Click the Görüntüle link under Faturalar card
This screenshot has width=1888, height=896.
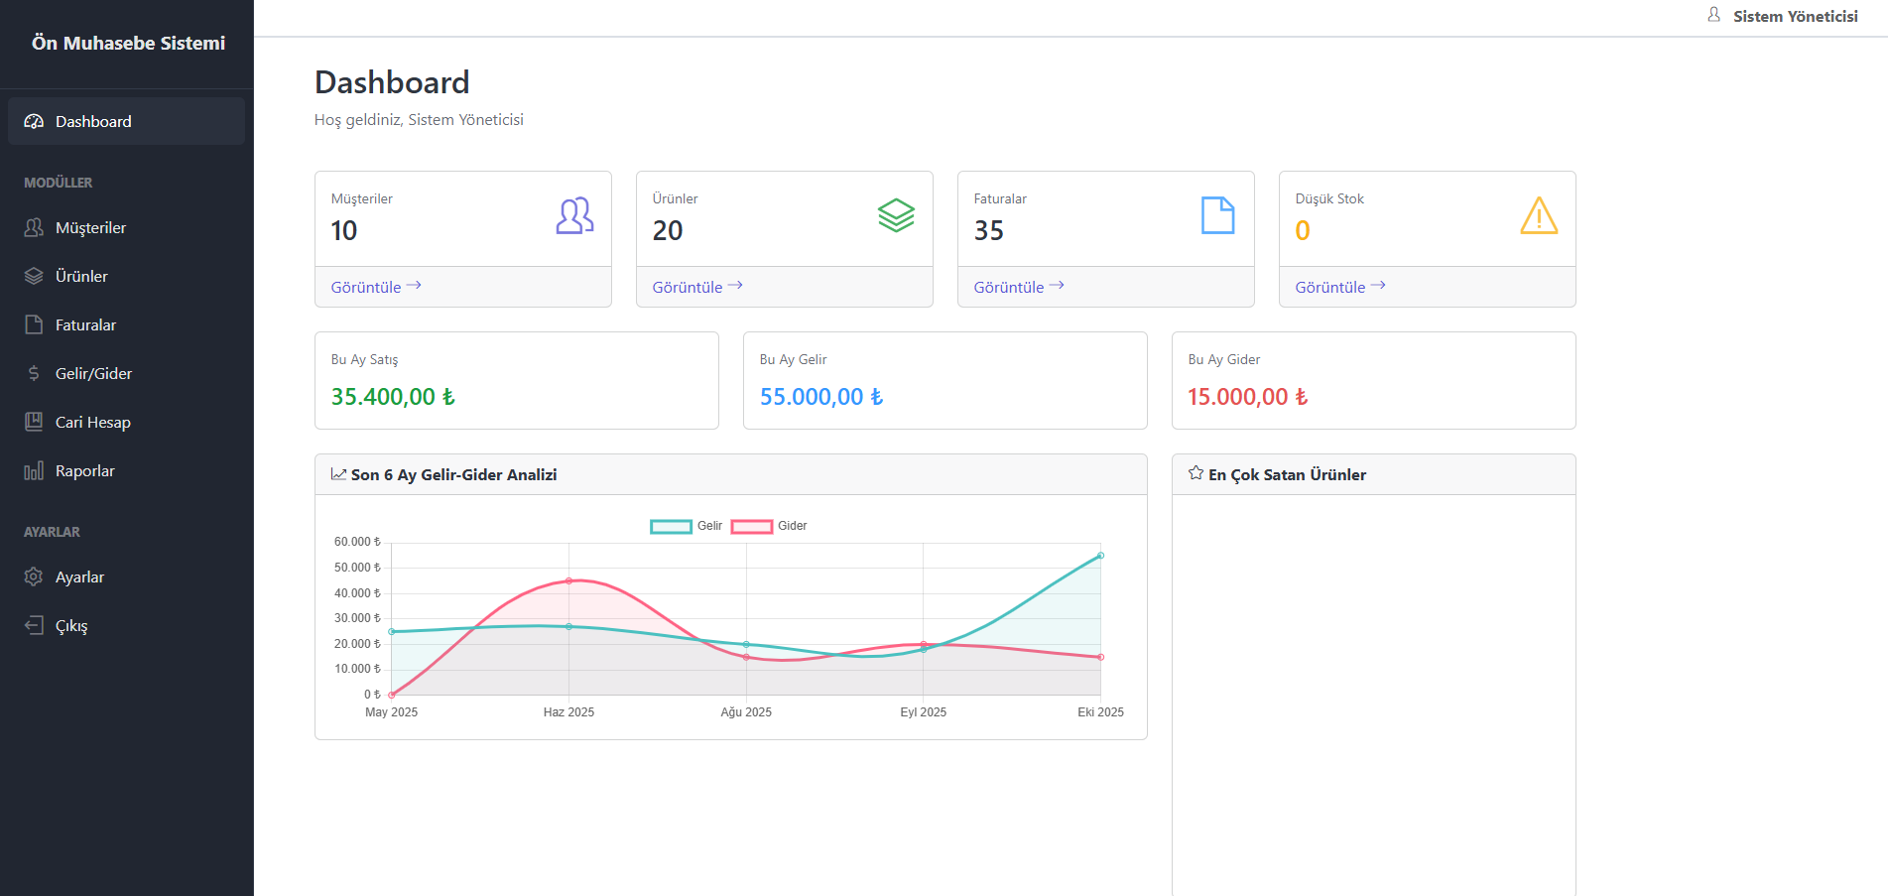[1019, 287]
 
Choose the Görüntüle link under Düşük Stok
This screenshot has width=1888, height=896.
[1340, 287]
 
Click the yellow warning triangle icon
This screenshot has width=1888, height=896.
[1539, 215]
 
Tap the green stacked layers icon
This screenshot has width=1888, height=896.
[896, 215]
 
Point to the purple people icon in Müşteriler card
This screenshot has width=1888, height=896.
[575, 215]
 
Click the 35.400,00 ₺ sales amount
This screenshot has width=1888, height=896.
[393, 397]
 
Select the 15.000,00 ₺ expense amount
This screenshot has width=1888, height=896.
[1248, 397]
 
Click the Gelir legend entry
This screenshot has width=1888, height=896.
[687, 526]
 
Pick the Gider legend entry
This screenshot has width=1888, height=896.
[769, 526]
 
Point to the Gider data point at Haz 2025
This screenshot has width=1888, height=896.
[568, 580]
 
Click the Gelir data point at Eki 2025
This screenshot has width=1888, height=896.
[1100, 556]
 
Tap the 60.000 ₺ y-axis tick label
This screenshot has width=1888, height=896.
[357, 542]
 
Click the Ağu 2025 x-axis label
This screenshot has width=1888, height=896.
[746, 712]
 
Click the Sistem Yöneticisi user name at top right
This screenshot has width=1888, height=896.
[1796, 16]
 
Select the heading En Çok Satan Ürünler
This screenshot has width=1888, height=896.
[1287, 474]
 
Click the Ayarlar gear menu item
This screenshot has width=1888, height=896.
[64, 576]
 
